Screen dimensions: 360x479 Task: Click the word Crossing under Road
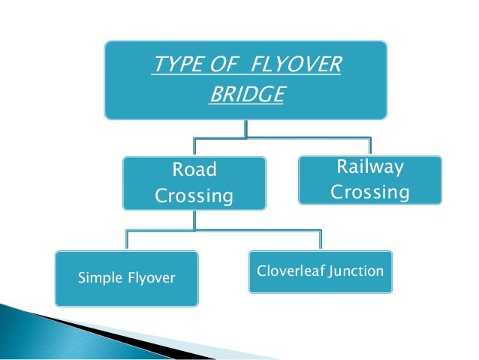point(194,197)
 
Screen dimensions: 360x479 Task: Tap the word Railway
point(370,167)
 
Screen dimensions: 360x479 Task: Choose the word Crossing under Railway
point(370,192)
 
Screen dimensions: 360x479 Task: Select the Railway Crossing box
point(370,180)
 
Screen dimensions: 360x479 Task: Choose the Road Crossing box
point(194,183)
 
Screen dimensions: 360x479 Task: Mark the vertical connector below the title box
point(246,128)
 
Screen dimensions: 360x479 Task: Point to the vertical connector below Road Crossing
point(194,220)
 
